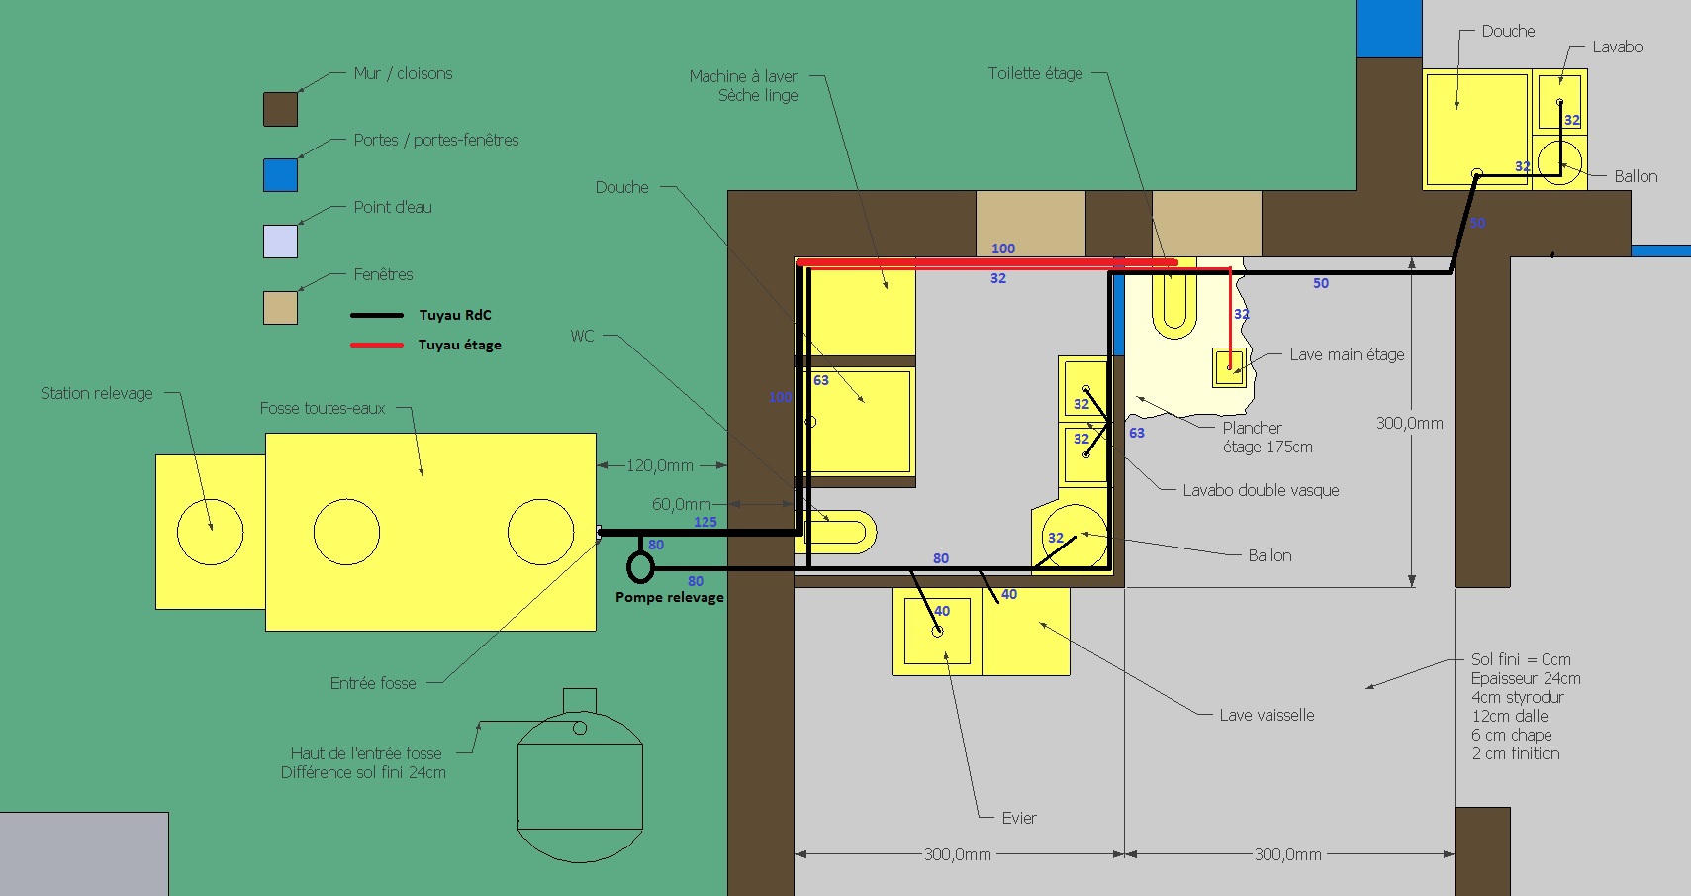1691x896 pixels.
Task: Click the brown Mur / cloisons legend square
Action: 280,109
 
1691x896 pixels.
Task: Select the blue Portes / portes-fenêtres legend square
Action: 280,175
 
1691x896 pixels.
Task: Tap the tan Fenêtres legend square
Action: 280,308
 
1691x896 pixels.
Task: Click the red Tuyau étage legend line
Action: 377,346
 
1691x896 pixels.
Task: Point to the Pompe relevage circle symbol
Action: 640,567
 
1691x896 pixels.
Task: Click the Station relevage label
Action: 97,394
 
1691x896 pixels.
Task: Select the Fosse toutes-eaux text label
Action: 323,409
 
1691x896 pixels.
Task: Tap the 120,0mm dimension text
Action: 659,466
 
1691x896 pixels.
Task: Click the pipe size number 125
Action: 705,522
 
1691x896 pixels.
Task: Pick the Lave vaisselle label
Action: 1267,716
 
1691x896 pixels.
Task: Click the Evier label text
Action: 1019,818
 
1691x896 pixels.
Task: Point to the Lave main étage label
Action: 1347,355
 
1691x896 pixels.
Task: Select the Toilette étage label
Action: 1035,74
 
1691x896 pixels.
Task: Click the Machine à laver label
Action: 743,77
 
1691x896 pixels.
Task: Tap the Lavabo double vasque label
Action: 1261,491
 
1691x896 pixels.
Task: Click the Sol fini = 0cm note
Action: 1521,659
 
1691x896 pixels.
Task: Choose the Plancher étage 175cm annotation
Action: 1268,438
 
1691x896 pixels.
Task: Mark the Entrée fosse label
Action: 373,684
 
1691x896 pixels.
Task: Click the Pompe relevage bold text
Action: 670,598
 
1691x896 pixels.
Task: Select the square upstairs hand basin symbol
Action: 1229,368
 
